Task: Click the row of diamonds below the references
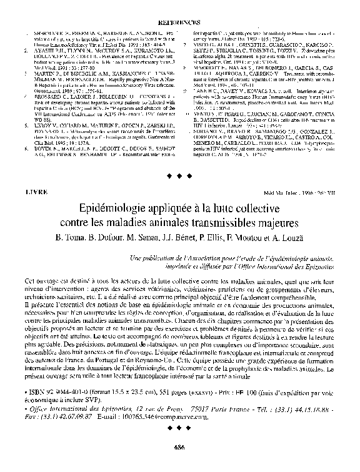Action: [180, 175]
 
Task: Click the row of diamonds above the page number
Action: [180, 430]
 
